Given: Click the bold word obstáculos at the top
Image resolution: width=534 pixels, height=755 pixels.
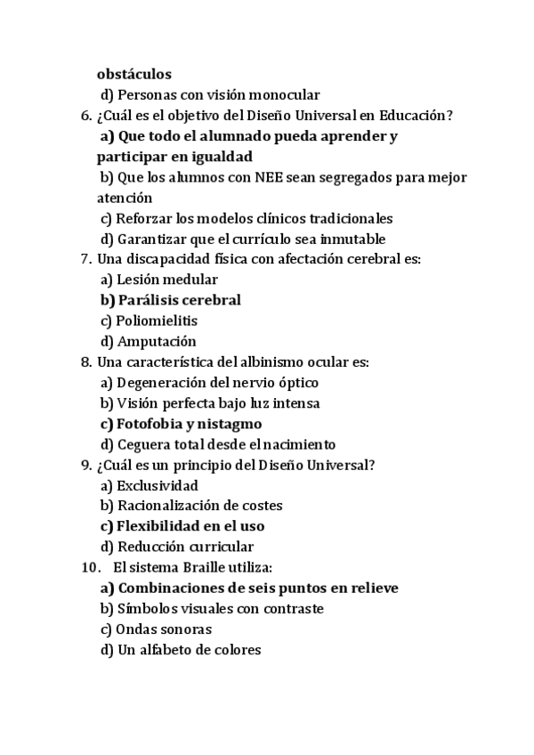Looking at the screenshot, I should click(x=134, y=75).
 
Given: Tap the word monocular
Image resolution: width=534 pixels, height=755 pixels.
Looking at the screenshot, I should click(x=286, y=95).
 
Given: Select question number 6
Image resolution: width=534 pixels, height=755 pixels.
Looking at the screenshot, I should click(x=85, y=116).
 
